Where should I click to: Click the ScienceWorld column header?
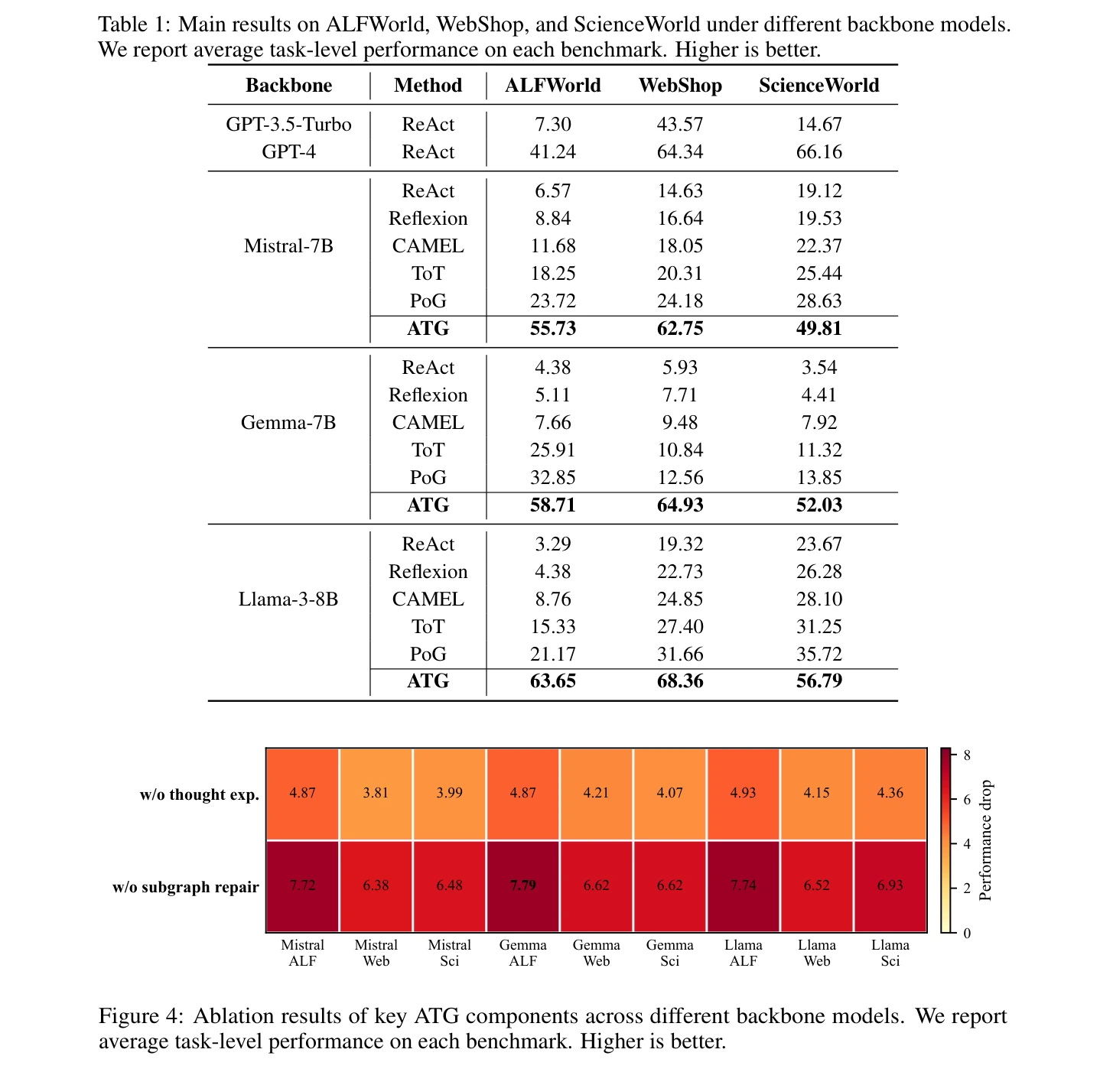click(818, 85)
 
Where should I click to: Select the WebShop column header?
click(679, 85)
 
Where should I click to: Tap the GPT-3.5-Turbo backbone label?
click(288, 124)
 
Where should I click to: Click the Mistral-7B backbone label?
click(288, 245)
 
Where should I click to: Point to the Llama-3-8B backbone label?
click(288, 599)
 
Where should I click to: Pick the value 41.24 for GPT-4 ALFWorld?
click(552, 151)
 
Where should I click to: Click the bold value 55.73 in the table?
click(552, 328)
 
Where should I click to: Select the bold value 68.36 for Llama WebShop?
click(679, 681)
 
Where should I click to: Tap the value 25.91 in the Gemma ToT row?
click(552, 450)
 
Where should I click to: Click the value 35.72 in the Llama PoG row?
click(818, 654)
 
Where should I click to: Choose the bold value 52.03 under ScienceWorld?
click(818, 505)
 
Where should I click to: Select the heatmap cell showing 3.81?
click(376, 794)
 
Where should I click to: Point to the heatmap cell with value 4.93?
click(743, 794)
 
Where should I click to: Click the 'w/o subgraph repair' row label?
click(185, 887)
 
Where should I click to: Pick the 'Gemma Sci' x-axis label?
click(670, 953)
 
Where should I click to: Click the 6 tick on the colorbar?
click(967, 800)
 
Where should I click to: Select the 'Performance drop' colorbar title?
click(985, 840)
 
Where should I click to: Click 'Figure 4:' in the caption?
click(141, 1016)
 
